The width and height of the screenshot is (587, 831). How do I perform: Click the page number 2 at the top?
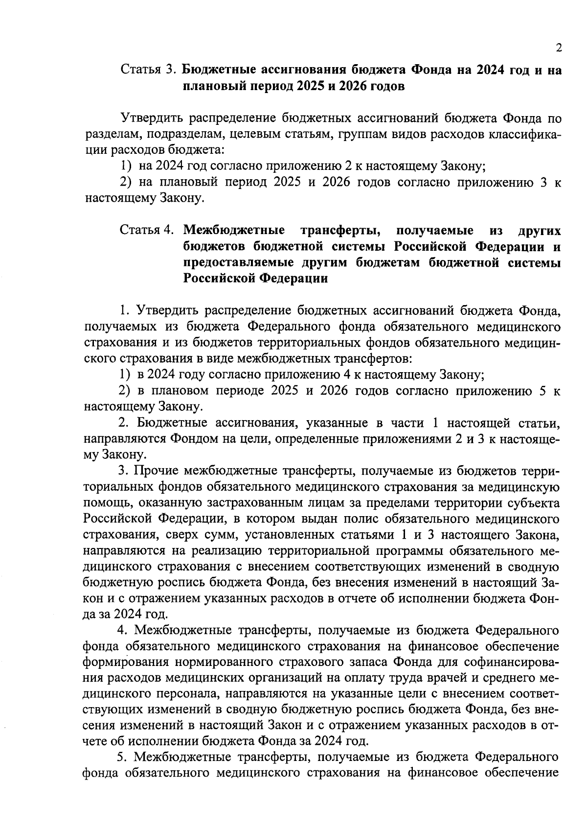point(558,48)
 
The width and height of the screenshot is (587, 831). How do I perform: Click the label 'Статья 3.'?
point(149,70)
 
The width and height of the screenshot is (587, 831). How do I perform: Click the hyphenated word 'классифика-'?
point(524,134)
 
